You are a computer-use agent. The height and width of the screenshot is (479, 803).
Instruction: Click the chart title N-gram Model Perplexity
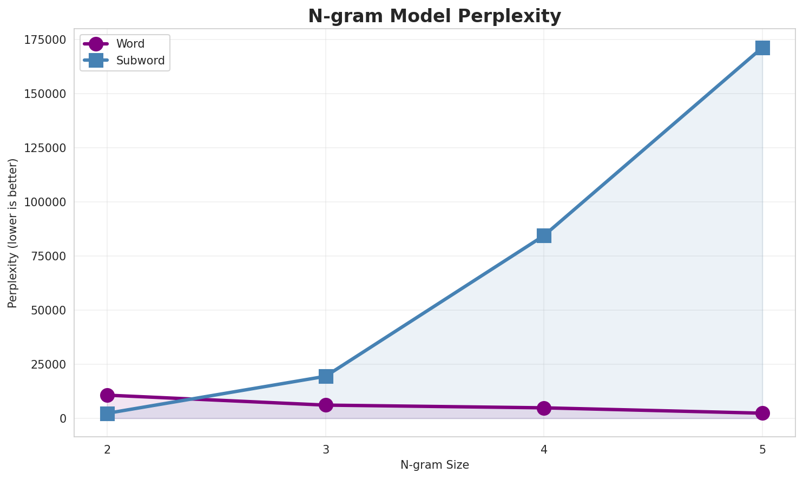[x=434, y=16]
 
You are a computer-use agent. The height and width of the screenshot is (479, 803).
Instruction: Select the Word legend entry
[x=130, y=44]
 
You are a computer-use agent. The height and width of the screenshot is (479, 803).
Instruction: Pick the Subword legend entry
[x=140, y=61]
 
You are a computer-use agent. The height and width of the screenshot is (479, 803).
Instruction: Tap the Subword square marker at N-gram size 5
[x=762, y=48]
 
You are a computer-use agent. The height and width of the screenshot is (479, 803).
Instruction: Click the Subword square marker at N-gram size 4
[x=544, y=235]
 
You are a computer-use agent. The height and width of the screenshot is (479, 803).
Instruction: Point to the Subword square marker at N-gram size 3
[x=326, y=376]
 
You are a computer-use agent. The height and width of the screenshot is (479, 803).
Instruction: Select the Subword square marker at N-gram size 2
[x=107, y=414]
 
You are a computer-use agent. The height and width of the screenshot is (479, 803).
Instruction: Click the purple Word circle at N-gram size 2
[x=107, y=395]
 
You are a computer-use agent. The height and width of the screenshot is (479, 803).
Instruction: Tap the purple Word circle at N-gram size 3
[x=326, y=405]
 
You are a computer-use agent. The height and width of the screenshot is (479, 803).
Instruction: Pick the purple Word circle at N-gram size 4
[x=544, y=408]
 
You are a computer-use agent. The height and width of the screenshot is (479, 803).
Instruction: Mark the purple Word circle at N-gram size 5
[x=762, y=413]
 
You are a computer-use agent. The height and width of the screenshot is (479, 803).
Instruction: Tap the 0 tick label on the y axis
[x=63, y=419]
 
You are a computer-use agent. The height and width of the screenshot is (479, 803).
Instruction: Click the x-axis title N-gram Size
[x=435, y=465]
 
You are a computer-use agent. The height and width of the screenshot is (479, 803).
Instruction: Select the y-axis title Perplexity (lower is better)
[x=13, y=233]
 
